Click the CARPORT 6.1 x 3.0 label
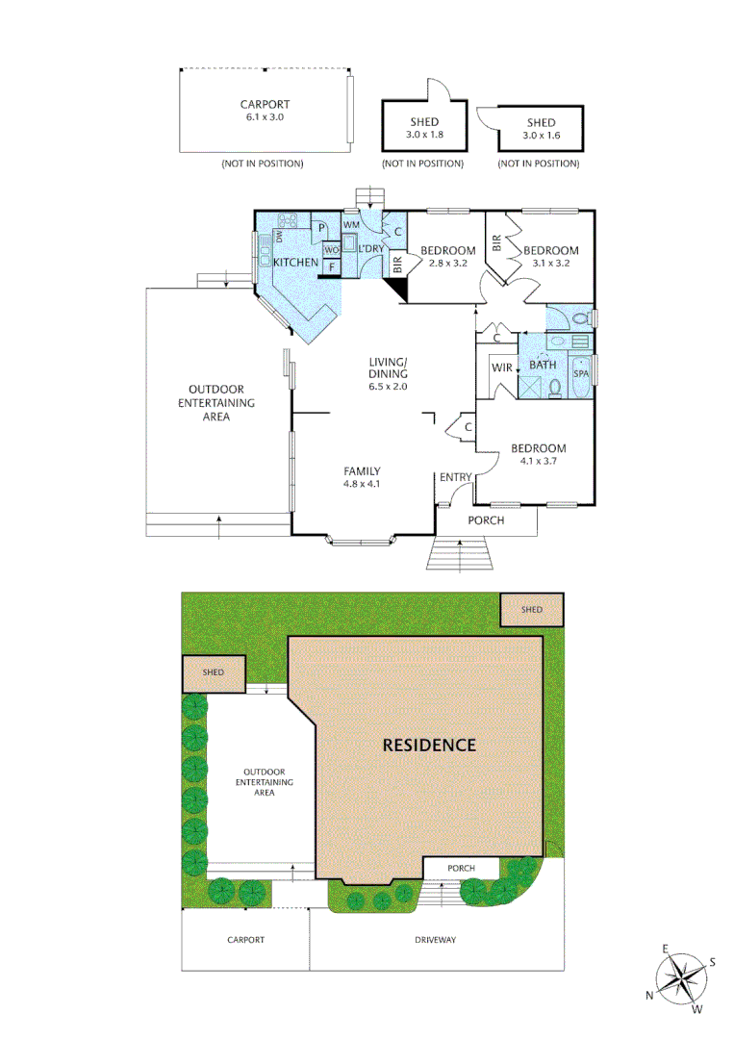(265, 110)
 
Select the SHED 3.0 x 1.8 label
(424, 129)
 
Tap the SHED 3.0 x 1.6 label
(541, 129)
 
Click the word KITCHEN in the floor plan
(295, 263)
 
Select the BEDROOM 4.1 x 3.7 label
(538, 454)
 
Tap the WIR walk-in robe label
(501, 367)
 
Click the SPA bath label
(580, 372)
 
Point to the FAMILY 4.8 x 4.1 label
(363, 477)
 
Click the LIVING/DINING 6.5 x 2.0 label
(389, 374)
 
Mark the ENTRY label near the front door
(455, 477)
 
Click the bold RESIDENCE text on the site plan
(429, 745)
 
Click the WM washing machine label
(351, 225)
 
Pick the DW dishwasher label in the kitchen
(279, 236)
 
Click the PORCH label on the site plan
(462, 869)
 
